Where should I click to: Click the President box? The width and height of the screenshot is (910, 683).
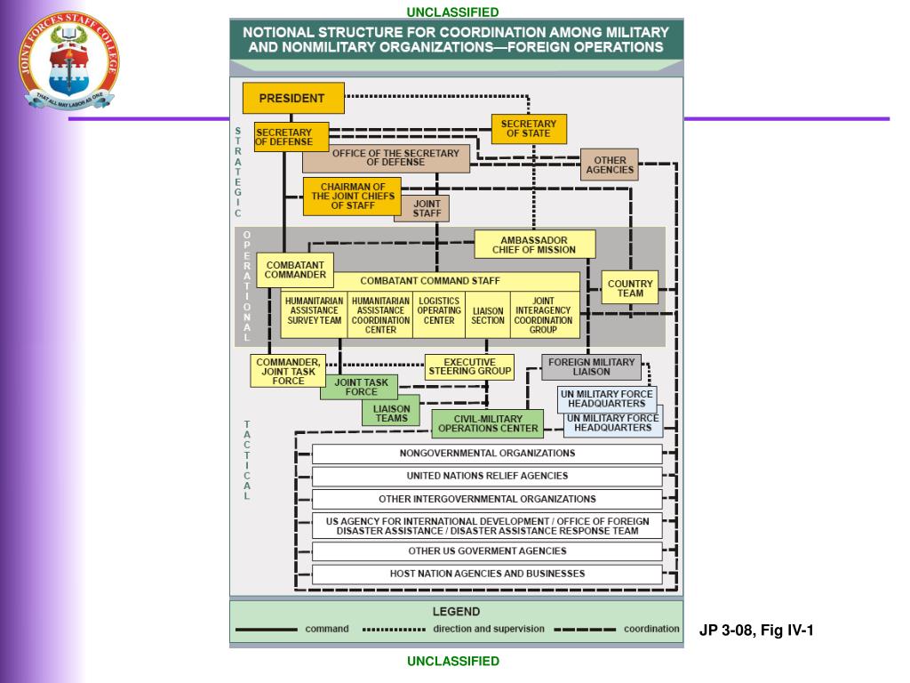(x=292, y=98)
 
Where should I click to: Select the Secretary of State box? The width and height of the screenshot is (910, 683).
(x=529, y=129)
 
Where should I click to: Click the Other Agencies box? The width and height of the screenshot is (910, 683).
(x=610, y=165)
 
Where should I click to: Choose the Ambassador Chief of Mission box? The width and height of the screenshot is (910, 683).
(x=534, y=245)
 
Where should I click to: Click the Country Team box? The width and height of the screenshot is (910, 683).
(x=630, y=288)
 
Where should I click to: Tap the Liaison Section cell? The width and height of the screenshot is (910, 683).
(x=487, y=316)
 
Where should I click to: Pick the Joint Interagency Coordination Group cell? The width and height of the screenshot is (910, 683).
(x=544, y=316)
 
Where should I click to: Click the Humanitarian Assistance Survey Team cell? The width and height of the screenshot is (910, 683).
(x=314, y=316)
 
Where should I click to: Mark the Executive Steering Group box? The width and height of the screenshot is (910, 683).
(x=468, y=366)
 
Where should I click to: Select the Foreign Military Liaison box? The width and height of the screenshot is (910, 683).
(x=591, y=366)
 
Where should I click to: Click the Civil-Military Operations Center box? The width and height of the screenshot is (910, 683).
(x=488, y=422)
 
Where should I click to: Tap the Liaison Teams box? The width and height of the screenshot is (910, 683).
(x=391, y=414)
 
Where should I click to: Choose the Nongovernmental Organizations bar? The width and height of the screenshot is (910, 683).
(x=487, y=453)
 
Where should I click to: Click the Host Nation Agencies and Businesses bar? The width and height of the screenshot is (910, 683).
(x=487, y=574)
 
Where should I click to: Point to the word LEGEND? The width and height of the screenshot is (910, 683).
(x=456, y=612)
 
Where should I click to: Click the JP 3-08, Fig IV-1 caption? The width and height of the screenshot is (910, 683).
(x=755, y=631)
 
